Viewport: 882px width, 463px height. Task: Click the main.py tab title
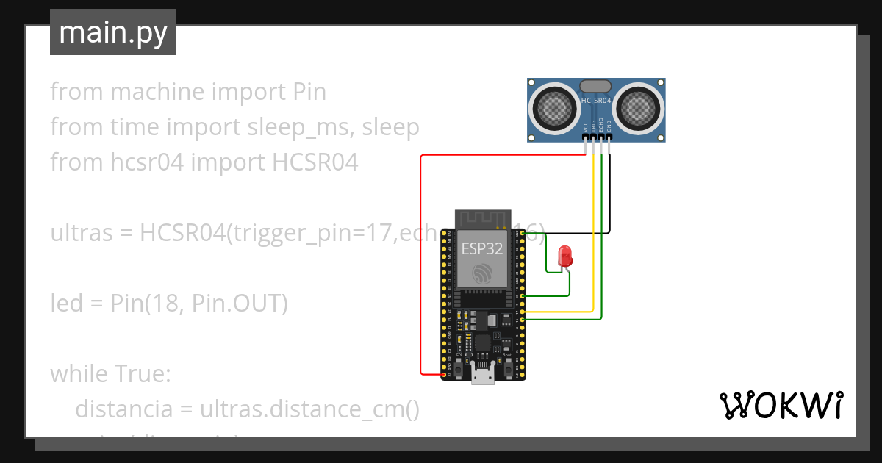point(113,33)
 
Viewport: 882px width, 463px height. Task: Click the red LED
point(565,256)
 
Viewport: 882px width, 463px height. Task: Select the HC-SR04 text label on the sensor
point(596,101)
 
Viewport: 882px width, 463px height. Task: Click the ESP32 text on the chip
point(481,248)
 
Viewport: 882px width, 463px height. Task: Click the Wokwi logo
point(781,405)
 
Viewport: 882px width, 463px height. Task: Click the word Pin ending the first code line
point(309,92)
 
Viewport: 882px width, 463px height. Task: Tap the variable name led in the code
point(65,304)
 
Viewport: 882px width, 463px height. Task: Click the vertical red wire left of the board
point(420,265)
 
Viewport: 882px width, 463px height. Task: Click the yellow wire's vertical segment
point(593,235)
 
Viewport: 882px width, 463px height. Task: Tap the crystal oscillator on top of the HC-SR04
point(596,87)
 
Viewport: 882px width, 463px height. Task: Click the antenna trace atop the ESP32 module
point(483,218)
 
